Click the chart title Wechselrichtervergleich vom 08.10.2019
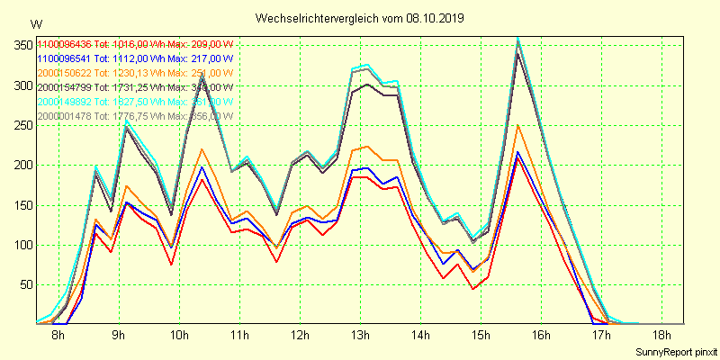(x=360, y=18)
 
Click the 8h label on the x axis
(x=58, y=336)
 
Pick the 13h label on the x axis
(x=360, y=336)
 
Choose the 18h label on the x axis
(x=661, y=336)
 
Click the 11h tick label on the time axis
(x=239, y=336)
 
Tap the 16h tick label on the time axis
(x=541, y=336)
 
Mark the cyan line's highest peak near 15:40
(x=517, y=38)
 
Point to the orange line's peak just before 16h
(x=517, y=125)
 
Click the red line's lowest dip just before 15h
(x=472, y=289)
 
